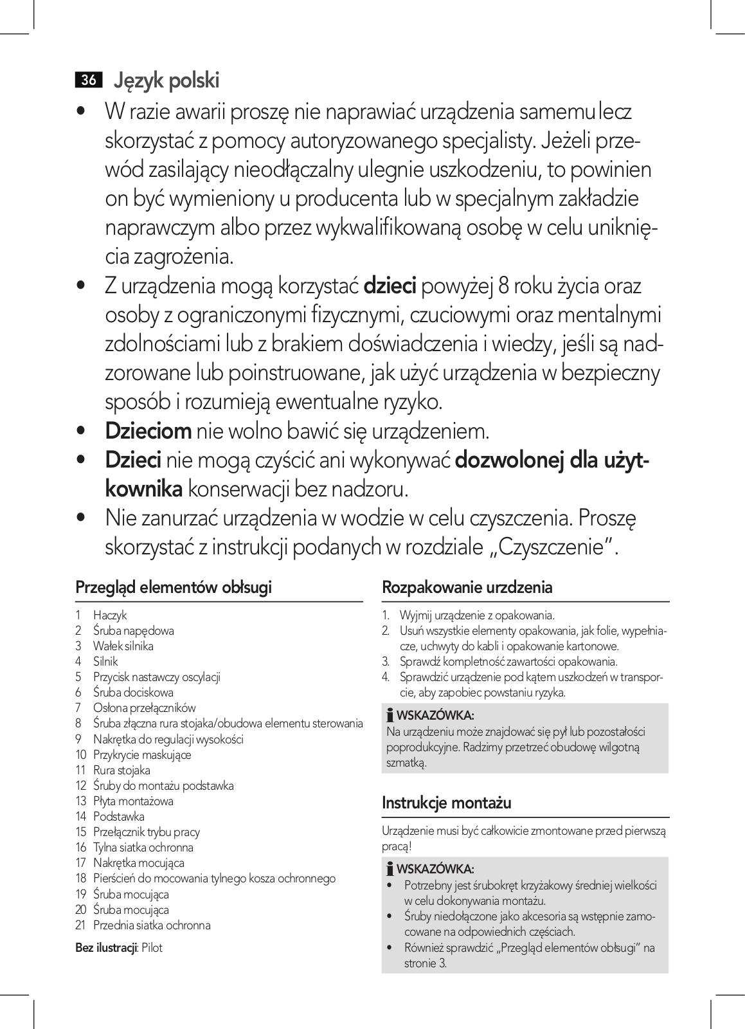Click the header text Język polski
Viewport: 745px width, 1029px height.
coord(166,81)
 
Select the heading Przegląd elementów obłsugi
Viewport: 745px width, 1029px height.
coord(174,587)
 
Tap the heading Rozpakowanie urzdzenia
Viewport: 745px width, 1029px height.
coord(467,587)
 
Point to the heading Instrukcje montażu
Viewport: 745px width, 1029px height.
coord(446,803)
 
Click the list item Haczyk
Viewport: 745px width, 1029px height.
coord(110,615)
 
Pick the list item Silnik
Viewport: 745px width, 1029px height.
coord(105,662)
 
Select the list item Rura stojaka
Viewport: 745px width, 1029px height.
coord(121,770)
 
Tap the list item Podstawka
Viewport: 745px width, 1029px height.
coord(119,817)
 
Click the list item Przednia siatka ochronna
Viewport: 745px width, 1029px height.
coord(152,925)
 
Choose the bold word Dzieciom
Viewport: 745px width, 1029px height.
coord(148,431)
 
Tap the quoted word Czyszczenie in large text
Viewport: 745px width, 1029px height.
coord(551,547)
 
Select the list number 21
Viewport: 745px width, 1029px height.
coord(81,925)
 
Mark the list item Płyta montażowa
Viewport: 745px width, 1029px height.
coord(133,801)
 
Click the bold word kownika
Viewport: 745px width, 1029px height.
coord(144,489)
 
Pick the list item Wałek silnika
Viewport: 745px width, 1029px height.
coord(123,646)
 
